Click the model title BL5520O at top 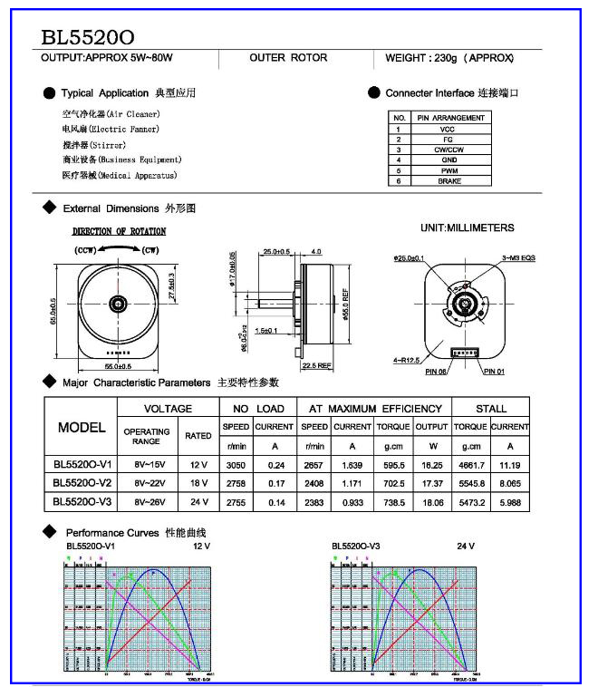pyautogui.click(x=88, y=38)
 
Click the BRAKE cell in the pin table pyautogui.click(x=449, y=181)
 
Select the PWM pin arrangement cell pyautogui.click(x=449, y=170)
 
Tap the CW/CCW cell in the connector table pyautogui.click(x=449, y=150)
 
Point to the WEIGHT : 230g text pyautogui.click(x=449, y=58)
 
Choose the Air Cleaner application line pyautogui.click(x=111, y=114)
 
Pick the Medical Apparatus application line pyautogui.click(x=119, y=175)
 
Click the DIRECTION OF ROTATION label pyautogui.click(x=119, y=232)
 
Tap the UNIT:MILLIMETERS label pyautogui.click(x=468, y=228)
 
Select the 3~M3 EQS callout pyautogui.click(x=518, y=258)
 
